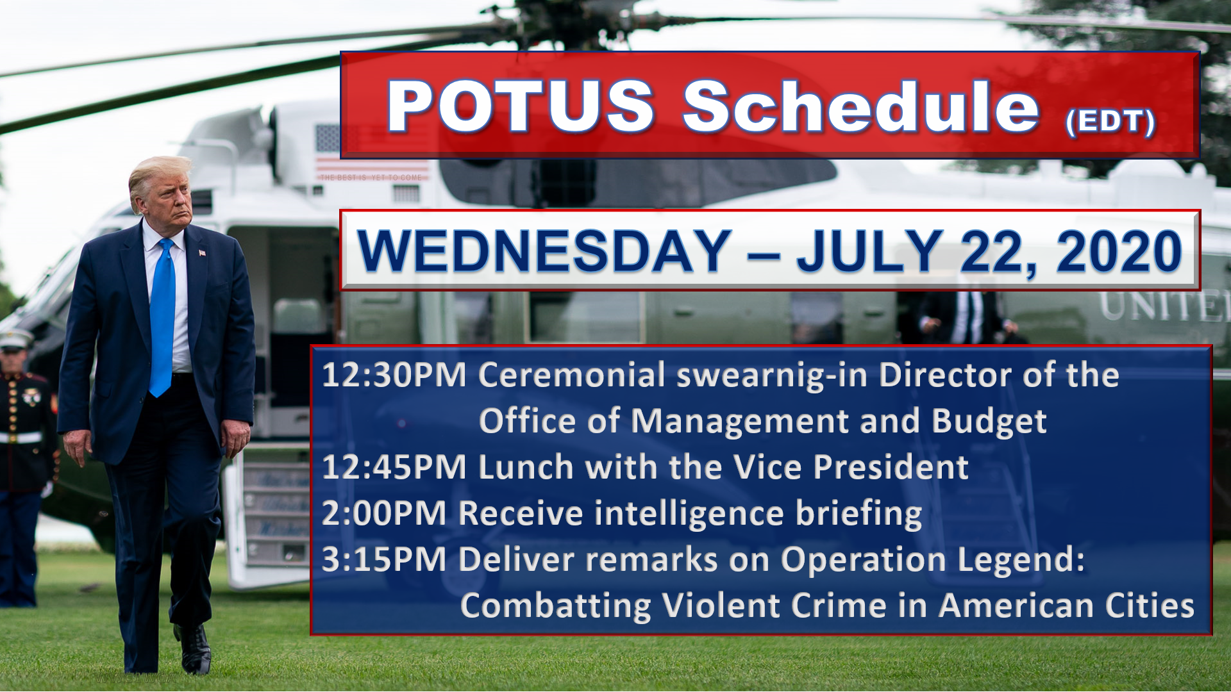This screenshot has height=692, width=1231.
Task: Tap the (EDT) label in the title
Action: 1110,121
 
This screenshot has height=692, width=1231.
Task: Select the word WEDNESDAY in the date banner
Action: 544,251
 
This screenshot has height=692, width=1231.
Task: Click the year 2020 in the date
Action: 1119,251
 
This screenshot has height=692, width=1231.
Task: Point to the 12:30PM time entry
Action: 394,375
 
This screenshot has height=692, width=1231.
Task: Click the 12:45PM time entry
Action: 394,467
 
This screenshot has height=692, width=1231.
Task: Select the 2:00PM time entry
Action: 384,513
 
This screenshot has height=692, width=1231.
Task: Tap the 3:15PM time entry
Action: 384,559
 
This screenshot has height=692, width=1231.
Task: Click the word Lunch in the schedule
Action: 526,467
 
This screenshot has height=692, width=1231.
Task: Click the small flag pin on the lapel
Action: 202,252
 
